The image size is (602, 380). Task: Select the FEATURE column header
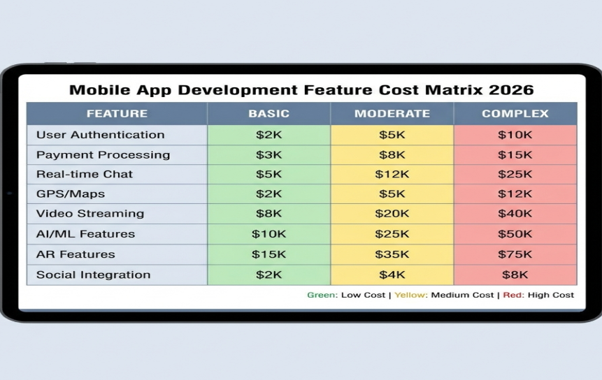coord(117,113)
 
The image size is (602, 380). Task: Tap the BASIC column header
coord(268,113)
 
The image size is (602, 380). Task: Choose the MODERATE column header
coord(392,113)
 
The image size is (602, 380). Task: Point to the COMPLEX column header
coord(515,113)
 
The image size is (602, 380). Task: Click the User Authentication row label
coord(100,135)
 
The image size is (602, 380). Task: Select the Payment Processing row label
coord(103,154)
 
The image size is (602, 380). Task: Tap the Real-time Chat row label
coord(84,174)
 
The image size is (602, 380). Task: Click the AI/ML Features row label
coord(85,234)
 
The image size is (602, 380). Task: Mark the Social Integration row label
coord(93,275)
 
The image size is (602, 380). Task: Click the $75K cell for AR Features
coord(515,254)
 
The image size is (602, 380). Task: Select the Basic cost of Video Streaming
coord(268,214)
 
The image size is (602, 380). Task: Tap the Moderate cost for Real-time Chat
coord(392,174)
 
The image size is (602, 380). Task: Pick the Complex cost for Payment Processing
coord(515,154)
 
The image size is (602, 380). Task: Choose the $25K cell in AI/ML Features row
coord(392,234)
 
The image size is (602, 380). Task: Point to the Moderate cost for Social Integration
coord(392,275)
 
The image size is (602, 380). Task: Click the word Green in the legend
coord(322,295)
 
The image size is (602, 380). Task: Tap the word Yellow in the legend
coord(410,295)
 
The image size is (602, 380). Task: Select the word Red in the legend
coord(513,295)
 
